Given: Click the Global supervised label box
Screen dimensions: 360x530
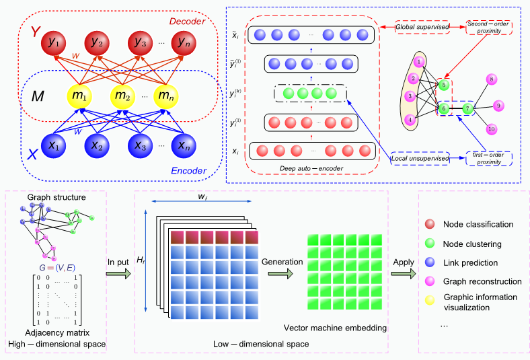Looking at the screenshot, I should tap(422, 28).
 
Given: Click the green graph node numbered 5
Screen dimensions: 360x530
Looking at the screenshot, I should tap(443, 85).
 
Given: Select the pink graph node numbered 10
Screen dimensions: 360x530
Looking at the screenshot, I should tap(492, 129).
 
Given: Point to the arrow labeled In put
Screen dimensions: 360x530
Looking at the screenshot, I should tap(119, 275).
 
